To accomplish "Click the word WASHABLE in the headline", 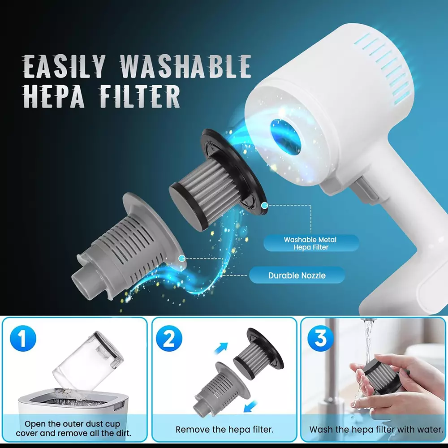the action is coord(185,66).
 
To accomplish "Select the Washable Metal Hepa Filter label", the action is coord(310,243).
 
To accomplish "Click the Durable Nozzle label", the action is coord(297,275).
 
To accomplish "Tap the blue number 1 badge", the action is coord(23,338).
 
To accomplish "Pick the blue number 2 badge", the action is coord(169,338).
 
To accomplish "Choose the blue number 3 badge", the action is coord(320,338).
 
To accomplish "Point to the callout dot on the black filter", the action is coord(265,205).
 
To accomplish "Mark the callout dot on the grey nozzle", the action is coord(181,258).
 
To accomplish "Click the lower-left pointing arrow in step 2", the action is coord(250,407).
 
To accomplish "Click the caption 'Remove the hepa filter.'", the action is coord(224,430).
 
